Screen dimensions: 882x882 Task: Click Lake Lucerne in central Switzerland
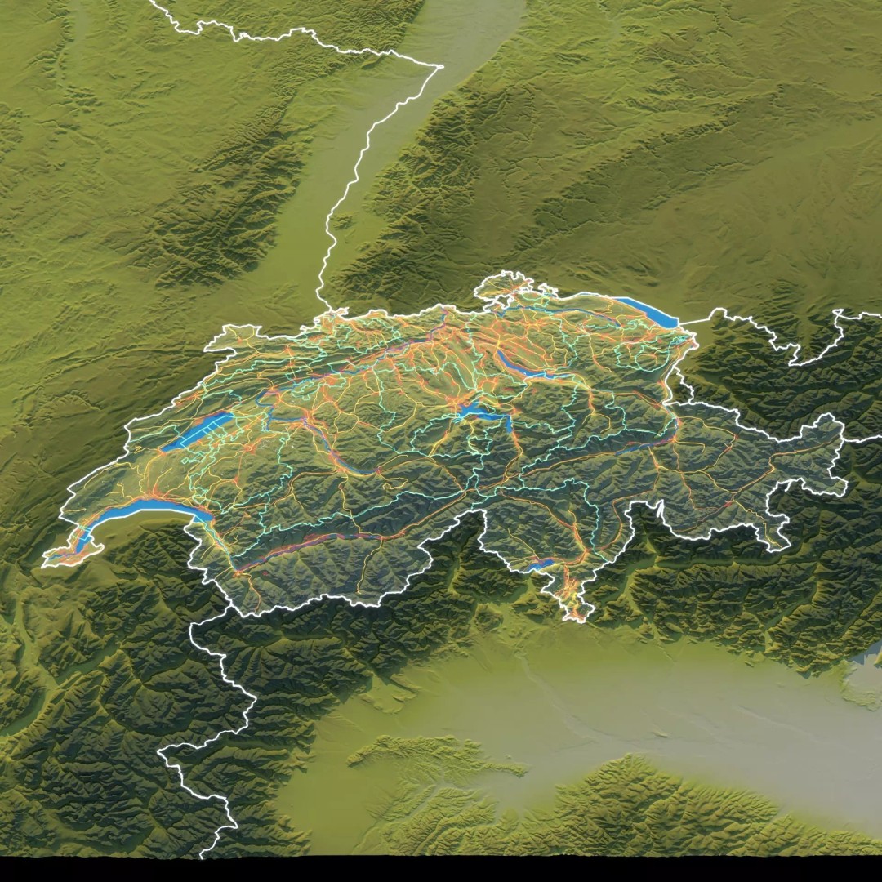(482, 416)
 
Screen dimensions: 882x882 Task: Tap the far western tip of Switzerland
(44, 563)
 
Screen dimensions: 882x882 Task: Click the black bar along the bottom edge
(441, 869)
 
